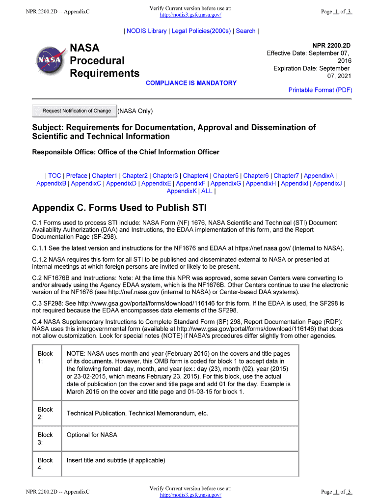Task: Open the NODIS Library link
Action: [146, 31]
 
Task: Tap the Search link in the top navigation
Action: [245, 31]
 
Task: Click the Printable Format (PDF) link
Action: [320, 90]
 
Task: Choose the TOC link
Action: [54, 175]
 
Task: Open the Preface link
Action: [77, 175]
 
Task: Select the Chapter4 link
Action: [195, 175]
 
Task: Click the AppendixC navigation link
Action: [86, 183]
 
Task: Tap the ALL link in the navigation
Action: [207, 191]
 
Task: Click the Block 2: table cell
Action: [45, 413]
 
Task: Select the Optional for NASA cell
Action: [92, 435]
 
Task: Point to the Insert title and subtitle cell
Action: [116, 460]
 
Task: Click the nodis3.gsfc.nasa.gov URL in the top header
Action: [190, 15]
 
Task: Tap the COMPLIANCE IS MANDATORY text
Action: [191, 83]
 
